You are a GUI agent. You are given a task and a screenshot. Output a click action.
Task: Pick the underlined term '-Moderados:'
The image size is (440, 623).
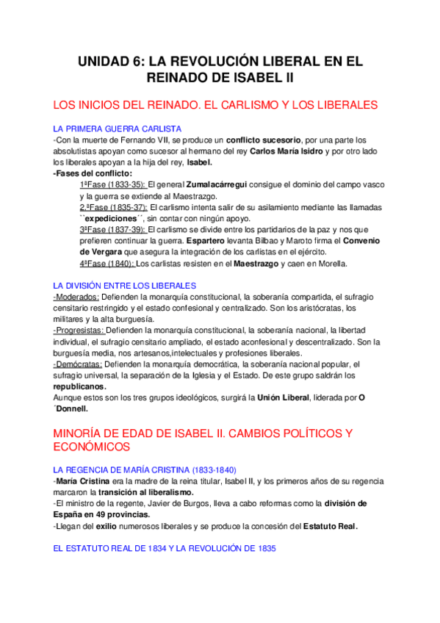tap(77, 297)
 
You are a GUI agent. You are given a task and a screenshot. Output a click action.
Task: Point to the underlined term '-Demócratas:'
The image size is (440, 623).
tap(79, 364)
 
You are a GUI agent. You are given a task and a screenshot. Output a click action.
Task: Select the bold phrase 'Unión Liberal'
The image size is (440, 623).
tap(283, 397)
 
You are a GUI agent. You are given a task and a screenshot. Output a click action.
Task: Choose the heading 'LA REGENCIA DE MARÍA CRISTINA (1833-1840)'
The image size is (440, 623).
tap(145, 469)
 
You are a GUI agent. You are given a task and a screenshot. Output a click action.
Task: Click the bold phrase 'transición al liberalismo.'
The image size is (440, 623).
tap(147, 491)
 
